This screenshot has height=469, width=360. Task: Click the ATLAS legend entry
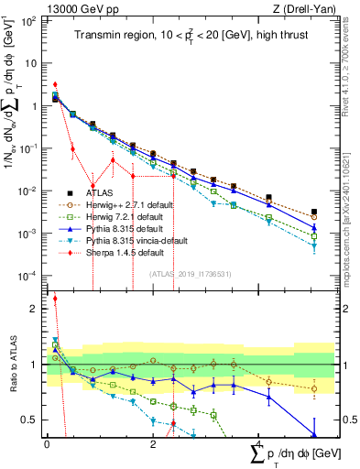point(88,192)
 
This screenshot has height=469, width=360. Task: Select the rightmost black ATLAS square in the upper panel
point(314,212)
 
